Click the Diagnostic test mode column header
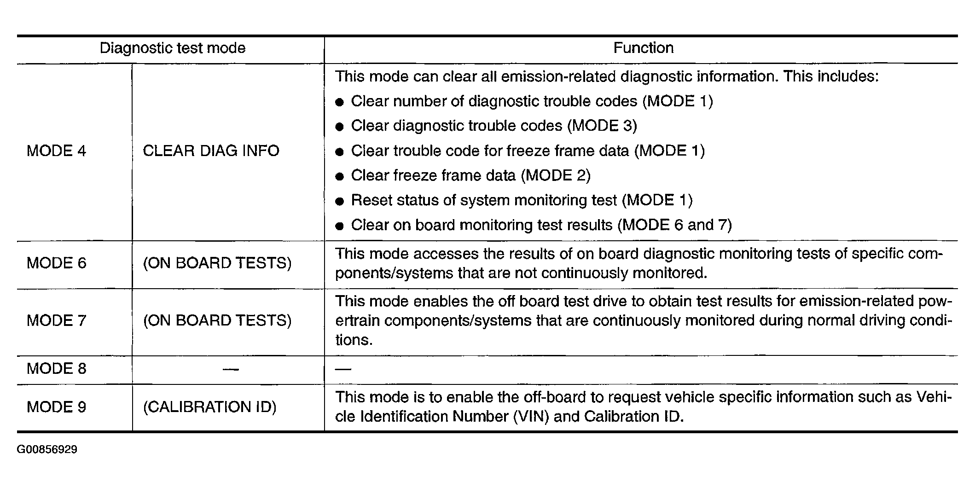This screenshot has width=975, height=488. [173, 48]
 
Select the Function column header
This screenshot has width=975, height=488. [643, 48]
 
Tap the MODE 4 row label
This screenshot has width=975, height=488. [57, 151]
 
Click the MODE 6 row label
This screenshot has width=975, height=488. [57, 263]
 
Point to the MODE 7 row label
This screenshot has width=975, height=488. [57, 320]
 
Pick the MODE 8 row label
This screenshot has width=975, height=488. [57, 369]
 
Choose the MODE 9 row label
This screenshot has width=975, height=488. [57, 407]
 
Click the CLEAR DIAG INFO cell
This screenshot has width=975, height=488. [211, 151]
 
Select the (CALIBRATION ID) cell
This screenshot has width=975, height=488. [209, 407]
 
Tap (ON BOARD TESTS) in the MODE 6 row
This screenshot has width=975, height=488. [217, 263]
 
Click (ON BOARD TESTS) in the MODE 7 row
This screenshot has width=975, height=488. [217, 320]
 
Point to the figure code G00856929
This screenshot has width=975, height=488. [47, 449]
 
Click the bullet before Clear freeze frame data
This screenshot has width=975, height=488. [340, 176]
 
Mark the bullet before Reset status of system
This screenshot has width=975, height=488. [340, 201]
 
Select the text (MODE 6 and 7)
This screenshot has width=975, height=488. [674, 225]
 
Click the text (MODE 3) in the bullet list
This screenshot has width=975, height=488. [602, 126]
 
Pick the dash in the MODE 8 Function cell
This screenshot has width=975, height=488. [343, 369]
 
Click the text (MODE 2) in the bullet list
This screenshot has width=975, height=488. [556, 175]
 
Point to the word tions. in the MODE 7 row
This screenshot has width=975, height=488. [354, 340]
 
